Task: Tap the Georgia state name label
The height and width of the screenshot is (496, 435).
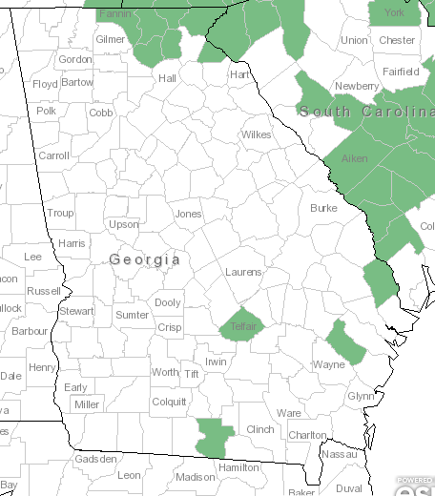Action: coord(144,259)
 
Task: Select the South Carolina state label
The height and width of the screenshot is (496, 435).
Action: coord(366,112)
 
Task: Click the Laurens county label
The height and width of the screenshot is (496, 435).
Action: coord(242,272)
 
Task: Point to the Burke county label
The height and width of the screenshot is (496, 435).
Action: coord(323,207)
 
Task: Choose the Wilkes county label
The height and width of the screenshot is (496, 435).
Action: coord(256,134)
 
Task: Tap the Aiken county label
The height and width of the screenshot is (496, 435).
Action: coord(354,158)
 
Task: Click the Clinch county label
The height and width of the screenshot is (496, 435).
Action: coord(259,429)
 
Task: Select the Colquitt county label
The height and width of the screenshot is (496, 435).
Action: coord(169,402)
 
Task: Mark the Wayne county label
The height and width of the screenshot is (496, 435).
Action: coord(328,364)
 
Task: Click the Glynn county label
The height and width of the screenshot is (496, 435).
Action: coord(361,396)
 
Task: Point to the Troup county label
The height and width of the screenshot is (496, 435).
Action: coord(60,213)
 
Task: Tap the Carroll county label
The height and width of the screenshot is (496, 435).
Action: coord(53,155)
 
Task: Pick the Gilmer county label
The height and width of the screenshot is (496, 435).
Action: coord(110,40)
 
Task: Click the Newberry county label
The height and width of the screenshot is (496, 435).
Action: coord(356,86)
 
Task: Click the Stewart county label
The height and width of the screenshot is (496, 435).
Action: coord(76,311)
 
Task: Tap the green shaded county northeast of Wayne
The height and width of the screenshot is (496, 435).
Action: coord(345,341)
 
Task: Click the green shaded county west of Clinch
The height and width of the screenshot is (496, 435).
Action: coord(215,436)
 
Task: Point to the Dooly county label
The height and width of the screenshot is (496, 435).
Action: coord(168,302)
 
